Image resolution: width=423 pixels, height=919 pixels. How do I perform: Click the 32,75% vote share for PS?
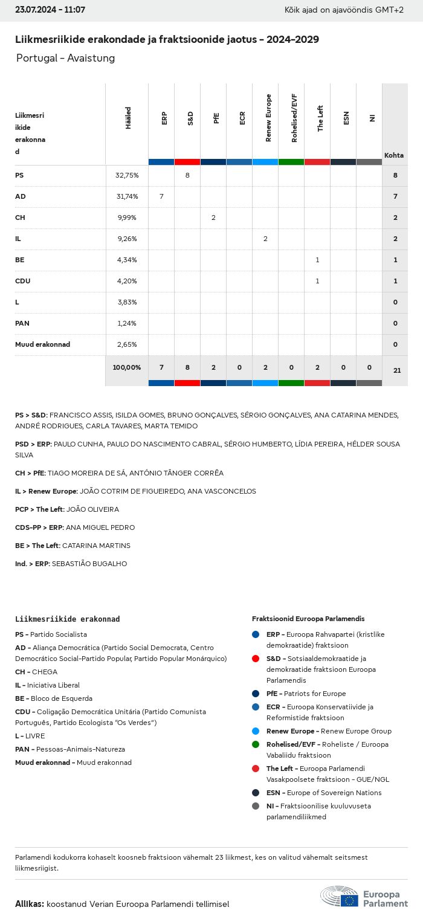point(127,175)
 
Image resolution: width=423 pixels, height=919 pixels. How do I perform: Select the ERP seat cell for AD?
point(161,196)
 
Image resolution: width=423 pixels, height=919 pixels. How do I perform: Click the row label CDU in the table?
point(23,281)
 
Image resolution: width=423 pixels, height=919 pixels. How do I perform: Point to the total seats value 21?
point(397,370)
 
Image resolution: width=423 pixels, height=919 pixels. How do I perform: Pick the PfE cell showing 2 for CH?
point(213,218)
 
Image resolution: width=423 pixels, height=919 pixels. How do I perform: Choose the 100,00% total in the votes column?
point(127,367)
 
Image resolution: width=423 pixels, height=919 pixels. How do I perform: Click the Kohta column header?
point(394,155)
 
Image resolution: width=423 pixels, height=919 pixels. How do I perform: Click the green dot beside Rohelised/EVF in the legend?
point(256,744)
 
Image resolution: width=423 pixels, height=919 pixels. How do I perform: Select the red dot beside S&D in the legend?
point(256,659)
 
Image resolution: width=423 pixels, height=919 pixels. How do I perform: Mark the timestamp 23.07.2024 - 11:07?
point(50,10)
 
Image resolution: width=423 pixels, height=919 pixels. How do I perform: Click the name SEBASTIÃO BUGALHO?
point(89,564)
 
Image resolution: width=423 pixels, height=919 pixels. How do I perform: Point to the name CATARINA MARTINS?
point(96,546)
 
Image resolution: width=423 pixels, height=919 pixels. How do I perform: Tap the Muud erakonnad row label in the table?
point(42,344)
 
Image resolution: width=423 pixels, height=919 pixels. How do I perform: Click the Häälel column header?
point(128,118)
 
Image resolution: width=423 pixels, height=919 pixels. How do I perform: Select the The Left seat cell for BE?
point(317,260)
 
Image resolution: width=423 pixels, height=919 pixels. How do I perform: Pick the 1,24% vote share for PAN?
point(127,323)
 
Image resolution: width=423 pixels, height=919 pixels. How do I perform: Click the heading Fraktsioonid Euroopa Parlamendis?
point(308,619)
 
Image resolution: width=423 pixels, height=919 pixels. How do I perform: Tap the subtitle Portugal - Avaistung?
point(65,58)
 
